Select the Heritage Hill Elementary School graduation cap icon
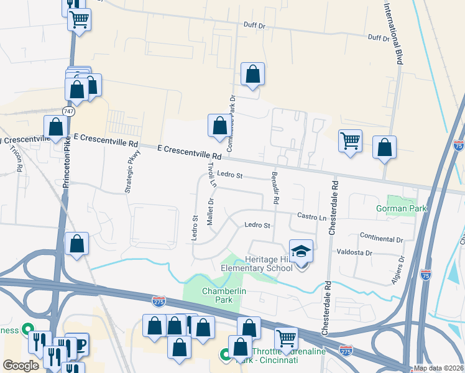(302, 252)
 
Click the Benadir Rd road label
(274, 189)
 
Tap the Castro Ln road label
(311, 217)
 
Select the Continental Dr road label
(382, 239)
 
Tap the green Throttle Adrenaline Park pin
(225, 354)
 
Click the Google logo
(21, 366)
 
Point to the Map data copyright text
(439, 368)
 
